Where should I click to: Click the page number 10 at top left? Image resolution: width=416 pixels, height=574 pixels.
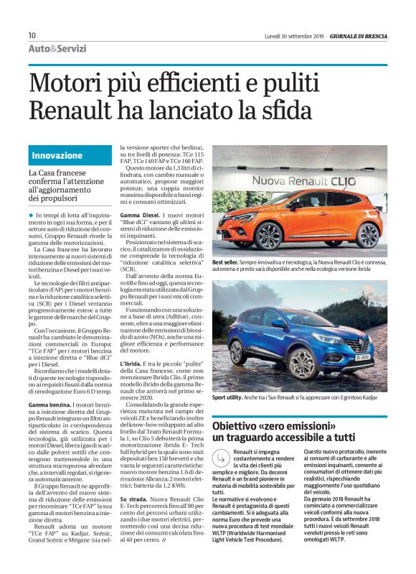click(x=32, y=35)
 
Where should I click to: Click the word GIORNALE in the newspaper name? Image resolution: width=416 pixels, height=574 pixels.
click(x=349, y=35)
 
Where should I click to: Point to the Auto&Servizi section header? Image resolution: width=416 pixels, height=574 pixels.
click(x=57, y=49)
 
